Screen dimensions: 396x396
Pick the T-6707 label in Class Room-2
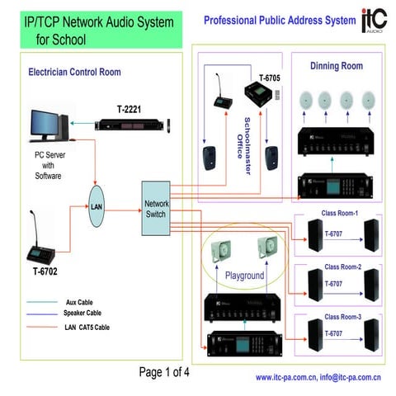click(x=333, y=283)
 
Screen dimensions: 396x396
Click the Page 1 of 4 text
click(x=164, y=372)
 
